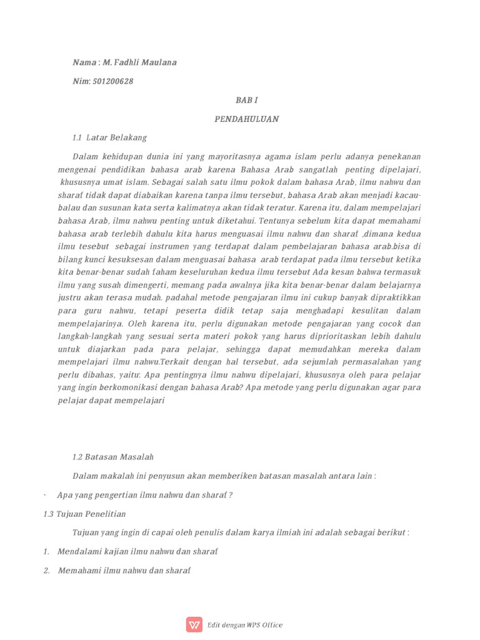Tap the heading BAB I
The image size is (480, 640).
pos(246,100)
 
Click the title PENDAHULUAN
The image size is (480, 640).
pos(246,119)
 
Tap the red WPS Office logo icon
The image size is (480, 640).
pos(194,624)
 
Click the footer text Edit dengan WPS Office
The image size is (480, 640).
pos(246,625)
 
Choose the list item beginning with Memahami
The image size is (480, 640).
pos(124,571)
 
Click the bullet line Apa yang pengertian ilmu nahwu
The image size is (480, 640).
pos(145,495)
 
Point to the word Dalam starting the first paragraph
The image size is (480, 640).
pos(86,156)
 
